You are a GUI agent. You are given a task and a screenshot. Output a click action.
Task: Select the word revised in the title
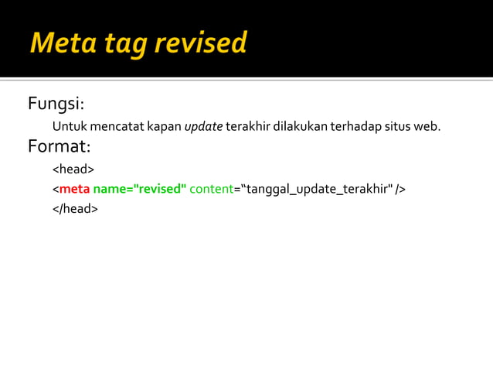200,43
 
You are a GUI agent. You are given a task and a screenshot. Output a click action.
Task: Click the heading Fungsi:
56,104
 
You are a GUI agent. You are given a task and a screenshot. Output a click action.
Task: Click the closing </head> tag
75,208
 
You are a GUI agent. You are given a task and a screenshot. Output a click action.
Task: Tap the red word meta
74,189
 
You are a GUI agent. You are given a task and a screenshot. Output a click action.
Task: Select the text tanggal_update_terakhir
317,189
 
